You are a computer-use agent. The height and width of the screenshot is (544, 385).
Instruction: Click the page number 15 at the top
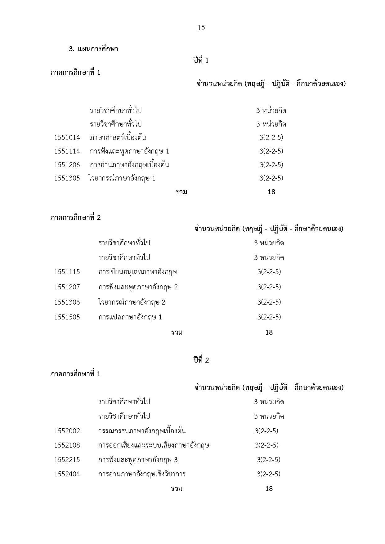[201, 28]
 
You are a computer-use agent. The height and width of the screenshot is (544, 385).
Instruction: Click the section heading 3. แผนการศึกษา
[93, 49]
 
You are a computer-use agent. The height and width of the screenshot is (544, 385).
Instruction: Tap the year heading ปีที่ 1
[201, 61]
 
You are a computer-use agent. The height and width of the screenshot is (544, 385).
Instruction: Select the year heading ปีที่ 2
[201, 360]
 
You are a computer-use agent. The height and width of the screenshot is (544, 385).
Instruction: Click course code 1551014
[67, 137]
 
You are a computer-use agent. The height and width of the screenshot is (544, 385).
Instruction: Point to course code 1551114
[67, 151]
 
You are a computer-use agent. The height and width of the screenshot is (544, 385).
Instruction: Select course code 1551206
[67, 165]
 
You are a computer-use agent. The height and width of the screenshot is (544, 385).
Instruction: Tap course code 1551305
[67, 178]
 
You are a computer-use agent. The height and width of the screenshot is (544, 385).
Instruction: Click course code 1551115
[67, 272]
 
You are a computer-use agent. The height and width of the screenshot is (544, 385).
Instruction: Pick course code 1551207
[67, 287]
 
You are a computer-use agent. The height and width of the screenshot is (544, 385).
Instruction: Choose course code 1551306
[67, 302]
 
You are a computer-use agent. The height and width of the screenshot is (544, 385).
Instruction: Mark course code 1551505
[67, 317]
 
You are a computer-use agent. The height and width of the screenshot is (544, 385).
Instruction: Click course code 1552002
[67, 431]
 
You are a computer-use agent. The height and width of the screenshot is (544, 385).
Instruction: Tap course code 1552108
[67, 445]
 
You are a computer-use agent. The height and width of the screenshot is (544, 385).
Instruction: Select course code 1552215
[67, 460]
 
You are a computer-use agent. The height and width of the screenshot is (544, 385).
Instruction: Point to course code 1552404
[67, 474]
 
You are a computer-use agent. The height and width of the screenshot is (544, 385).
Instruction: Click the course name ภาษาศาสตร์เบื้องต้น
[118, 137]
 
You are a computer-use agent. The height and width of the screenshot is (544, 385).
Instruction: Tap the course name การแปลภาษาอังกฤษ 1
[130, 317]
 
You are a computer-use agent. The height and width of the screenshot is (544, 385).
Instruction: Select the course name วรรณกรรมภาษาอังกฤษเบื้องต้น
[142, 431]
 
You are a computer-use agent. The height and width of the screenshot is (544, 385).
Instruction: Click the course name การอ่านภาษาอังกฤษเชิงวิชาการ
[142, 474]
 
